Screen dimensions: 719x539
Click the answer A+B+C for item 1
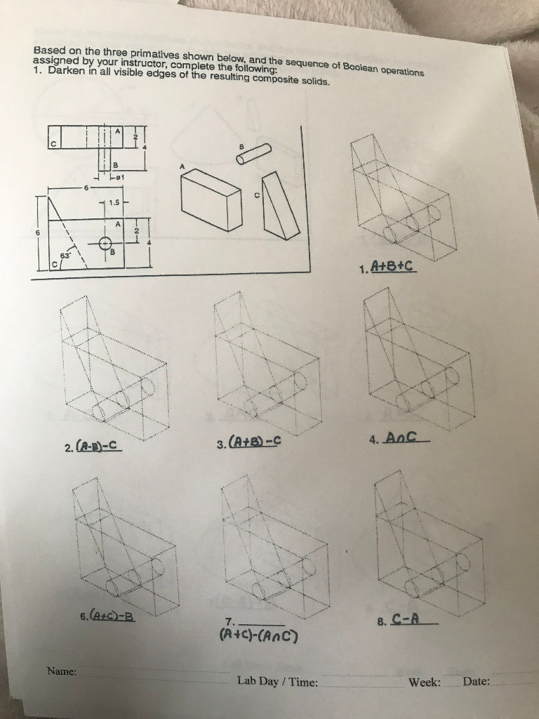[x=394, y=268]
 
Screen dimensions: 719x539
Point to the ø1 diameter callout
[x=119, y=179]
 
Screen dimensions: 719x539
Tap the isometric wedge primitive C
[x=280, y=207]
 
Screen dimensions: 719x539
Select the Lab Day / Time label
[x=277, y=681]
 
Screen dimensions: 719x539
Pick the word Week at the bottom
[x=425, y=681]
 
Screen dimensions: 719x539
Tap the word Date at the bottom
[x=477, y=681]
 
